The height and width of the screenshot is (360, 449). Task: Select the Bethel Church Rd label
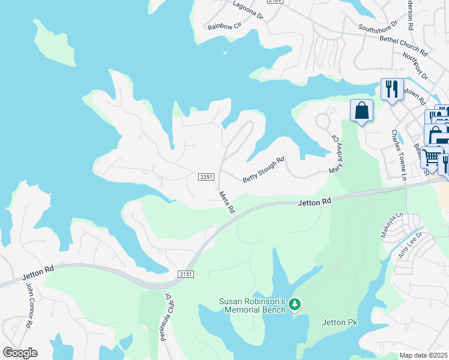[403, 46]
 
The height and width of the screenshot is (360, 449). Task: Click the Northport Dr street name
[415, 66]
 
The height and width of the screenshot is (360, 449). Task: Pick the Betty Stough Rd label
[263, 170]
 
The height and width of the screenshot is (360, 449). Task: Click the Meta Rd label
[226, 202]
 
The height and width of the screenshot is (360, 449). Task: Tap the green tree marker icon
[295, 305]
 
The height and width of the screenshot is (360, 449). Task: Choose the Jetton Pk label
[340, 323]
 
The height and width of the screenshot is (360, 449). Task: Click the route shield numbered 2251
[206, 176]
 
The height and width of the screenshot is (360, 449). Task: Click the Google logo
[20, 353]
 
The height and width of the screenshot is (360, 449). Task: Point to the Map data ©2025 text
[423, 355]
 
